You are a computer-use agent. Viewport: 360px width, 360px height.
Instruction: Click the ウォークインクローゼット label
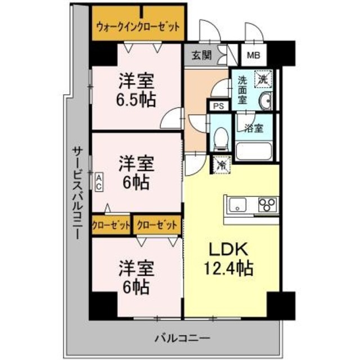tap(138, 26)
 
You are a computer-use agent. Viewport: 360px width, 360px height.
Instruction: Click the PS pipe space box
tap(218, 105)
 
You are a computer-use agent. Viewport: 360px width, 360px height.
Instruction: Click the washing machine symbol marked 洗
tap(263, 79)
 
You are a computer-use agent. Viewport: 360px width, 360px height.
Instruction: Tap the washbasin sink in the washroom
tap(265, 101)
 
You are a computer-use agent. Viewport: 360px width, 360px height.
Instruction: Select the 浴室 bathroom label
tap(253, 128)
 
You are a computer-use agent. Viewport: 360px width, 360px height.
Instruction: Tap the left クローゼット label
tap(111, 224)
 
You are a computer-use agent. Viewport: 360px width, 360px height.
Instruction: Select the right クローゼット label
tap(157, 224)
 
